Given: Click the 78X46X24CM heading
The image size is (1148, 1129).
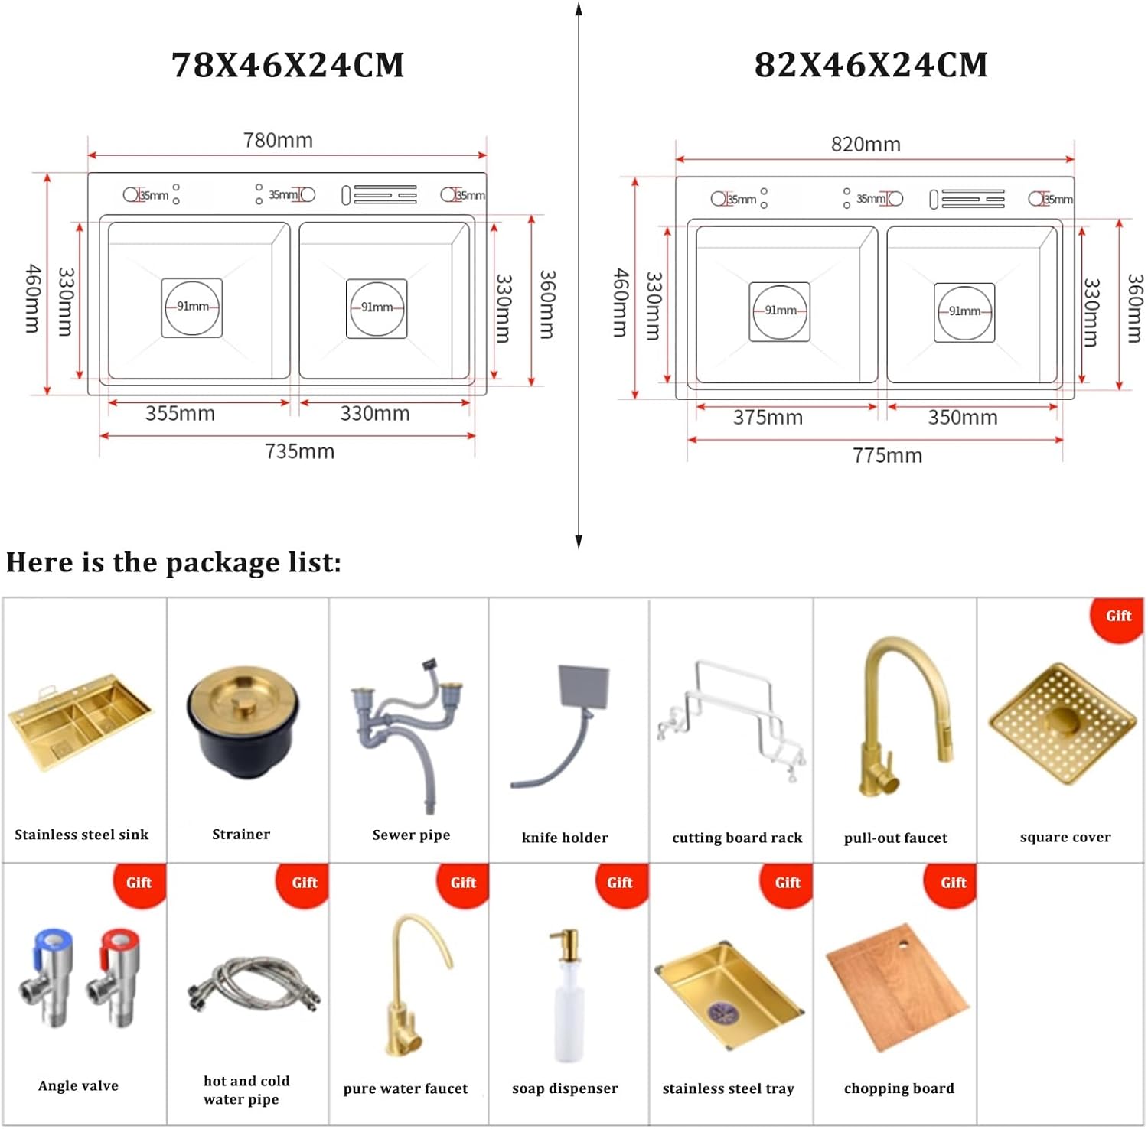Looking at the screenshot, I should pyautogui.click(x=288, y=65).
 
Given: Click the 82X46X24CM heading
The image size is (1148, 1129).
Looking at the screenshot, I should pyautogui.click(x=871, y=65).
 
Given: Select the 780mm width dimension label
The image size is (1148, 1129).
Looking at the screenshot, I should pyautogui.click(x=278, y=141).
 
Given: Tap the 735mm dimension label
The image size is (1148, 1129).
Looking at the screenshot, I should pyautogui.click(x=299, y=451).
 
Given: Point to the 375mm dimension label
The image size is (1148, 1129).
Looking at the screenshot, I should pyautogui.click(x=768, y=418).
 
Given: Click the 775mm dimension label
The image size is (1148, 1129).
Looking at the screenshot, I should pyautogui.click(x=887, y=456).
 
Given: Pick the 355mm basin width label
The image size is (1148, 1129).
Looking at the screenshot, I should pyautogui.click(x=180, y=414).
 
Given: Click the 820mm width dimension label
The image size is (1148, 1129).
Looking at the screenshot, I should pyautogui.click(x=866, y=145).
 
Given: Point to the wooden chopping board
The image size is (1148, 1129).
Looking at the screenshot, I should pyautogui.click(x=897, y=987).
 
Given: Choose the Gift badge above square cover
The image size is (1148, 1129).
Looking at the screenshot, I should pyautogui.click(x=1117, y=617).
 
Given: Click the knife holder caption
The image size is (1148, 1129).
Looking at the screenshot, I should pyautogui.click(x=565, y=838).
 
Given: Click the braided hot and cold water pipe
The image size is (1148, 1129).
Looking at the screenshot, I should pyautogui.click(x=253, y=983).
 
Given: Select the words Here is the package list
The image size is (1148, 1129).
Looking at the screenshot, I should pyautogui.click(x=174, y=563).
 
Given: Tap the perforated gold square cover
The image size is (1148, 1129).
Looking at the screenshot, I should pyautogui.click(x=1065, y=723).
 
